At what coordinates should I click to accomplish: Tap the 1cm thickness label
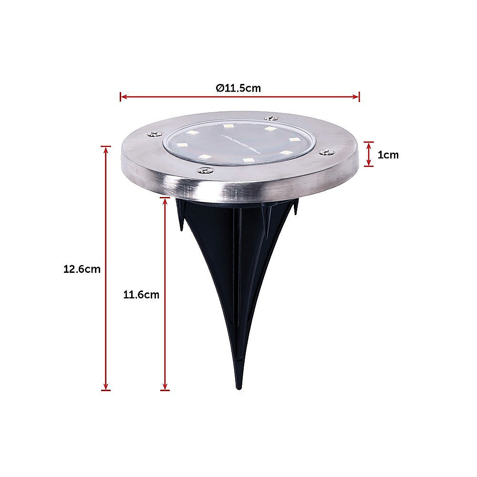tap(388, 155)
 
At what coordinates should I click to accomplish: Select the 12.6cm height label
tap(82, 269)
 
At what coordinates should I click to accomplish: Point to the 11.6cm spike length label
tap(141, 294)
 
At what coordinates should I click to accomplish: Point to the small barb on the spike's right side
tap(296, 210)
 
